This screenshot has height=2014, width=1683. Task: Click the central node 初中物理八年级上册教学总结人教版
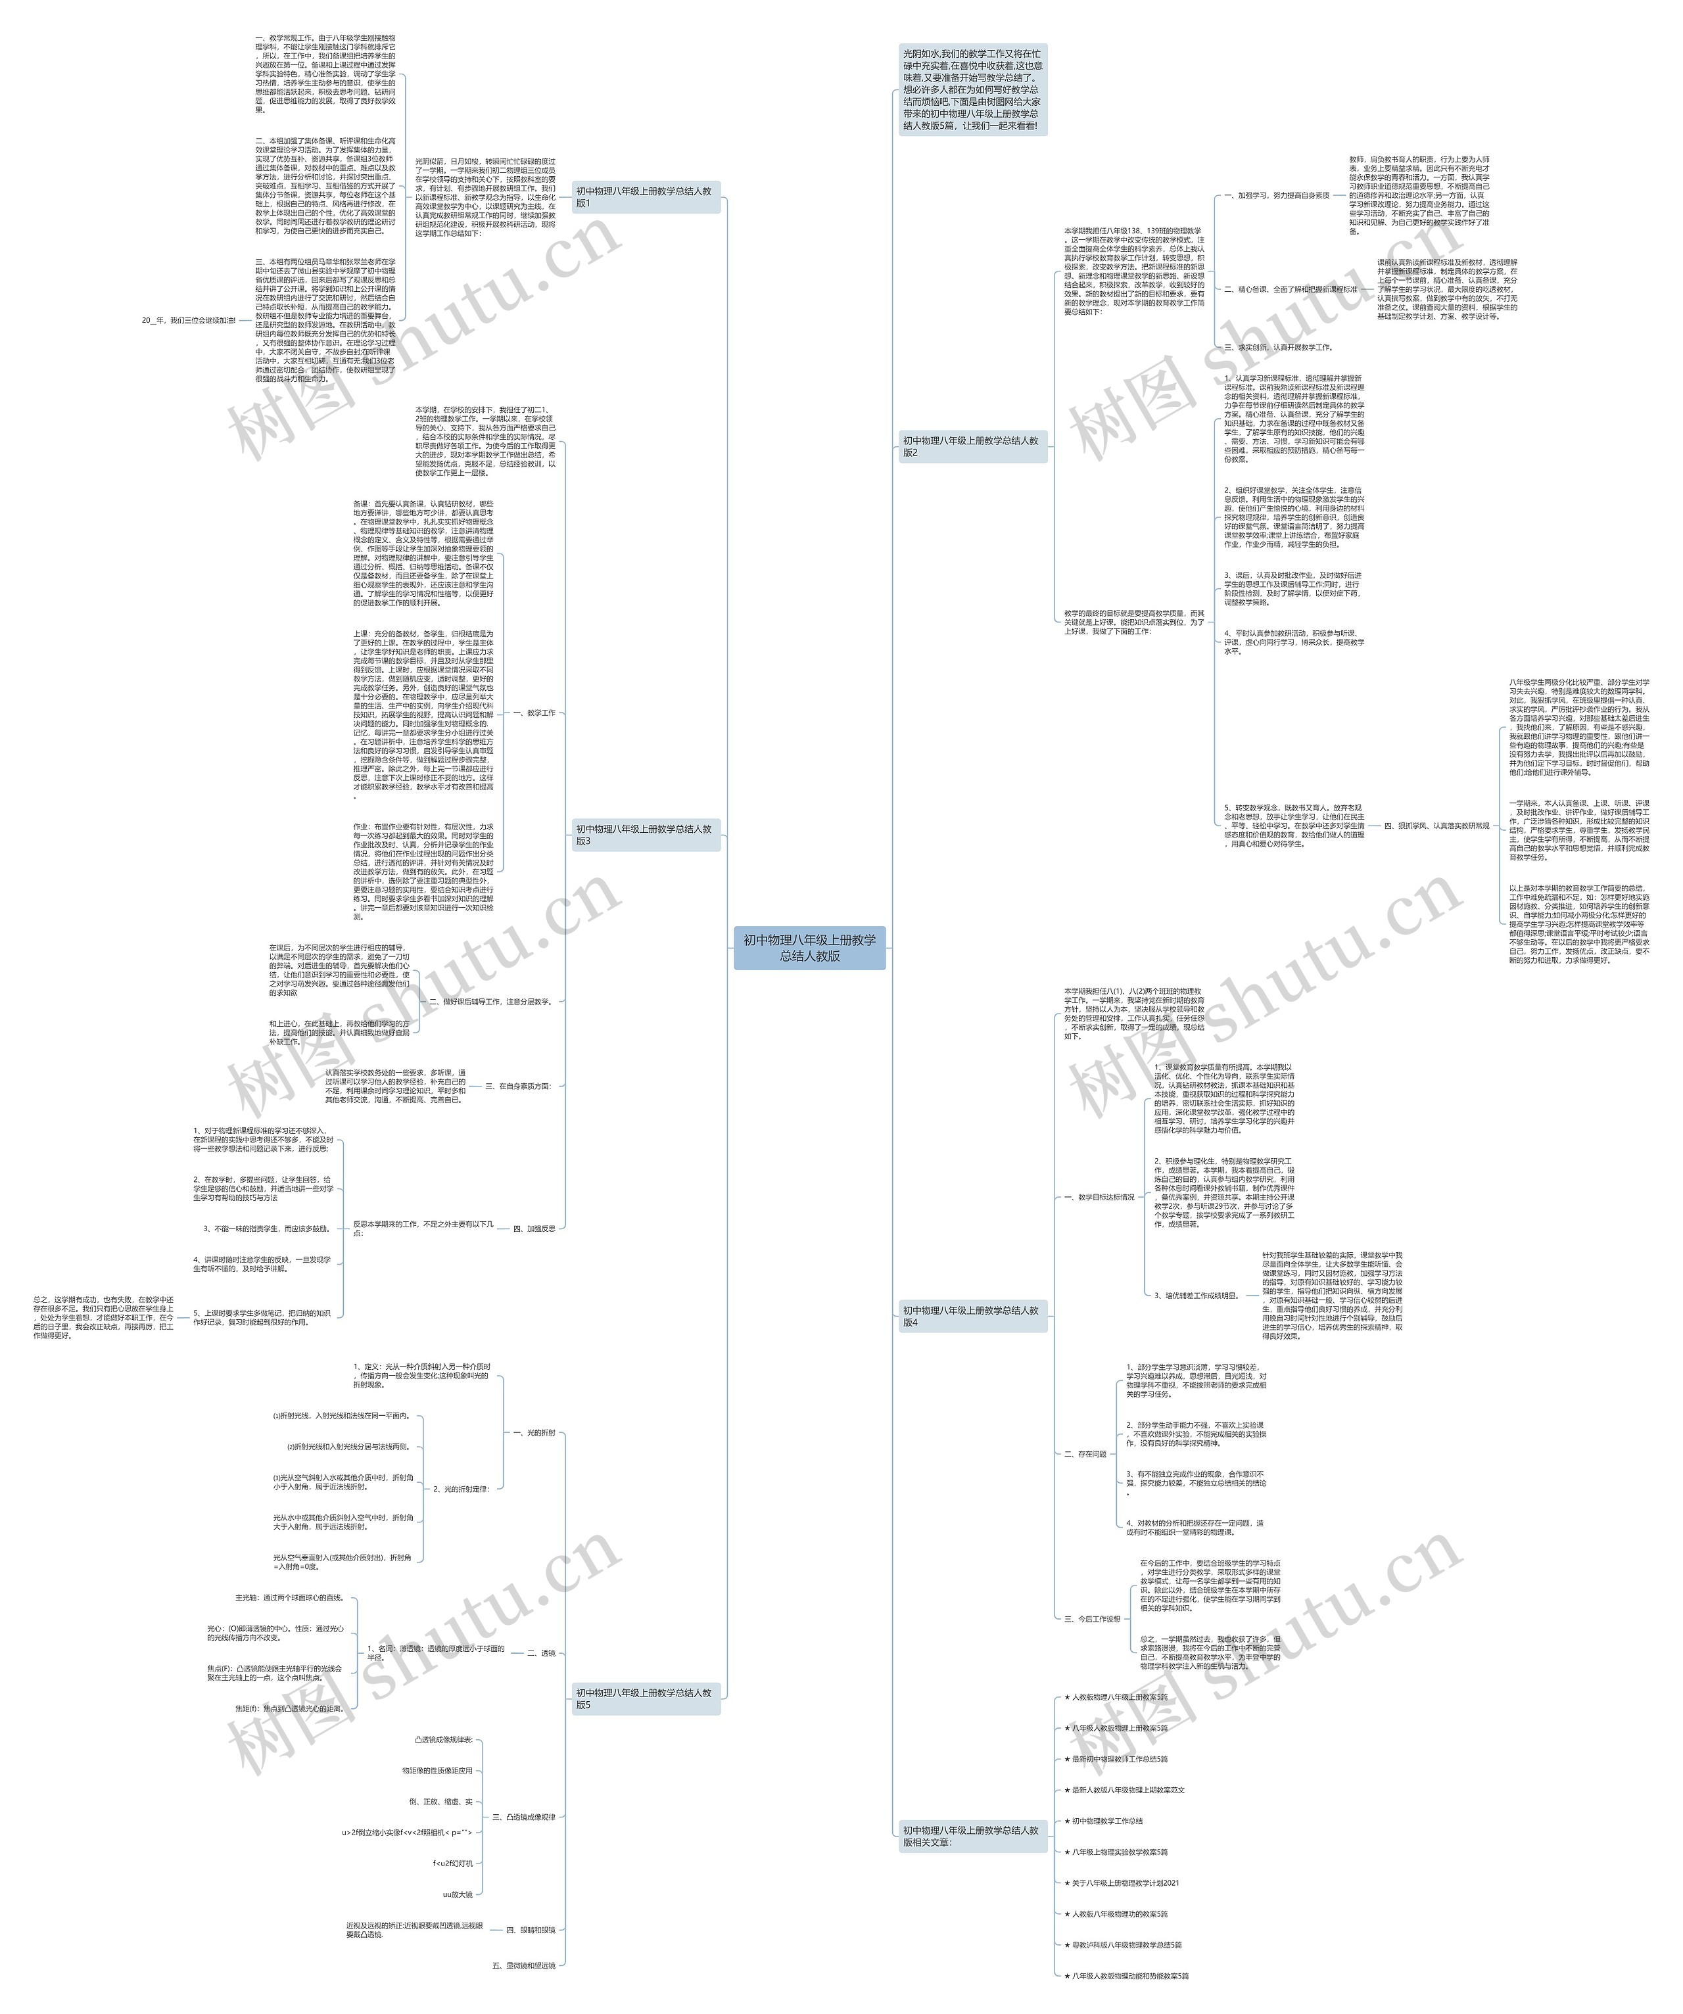point(809,948)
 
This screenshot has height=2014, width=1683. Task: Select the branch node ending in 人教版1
point(644,197)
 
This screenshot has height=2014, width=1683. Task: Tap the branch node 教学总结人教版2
point(972,446)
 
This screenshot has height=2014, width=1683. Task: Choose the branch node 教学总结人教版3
point(644,834)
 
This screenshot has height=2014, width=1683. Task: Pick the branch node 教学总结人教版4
point(972,1316)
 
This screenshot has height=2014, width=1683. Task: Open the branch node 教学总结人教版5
point(644,1698)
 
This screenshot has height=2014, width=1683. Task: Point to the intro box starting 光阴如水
point(972,89)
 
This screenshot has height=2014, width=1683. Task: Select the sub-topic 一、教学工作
point(534,714)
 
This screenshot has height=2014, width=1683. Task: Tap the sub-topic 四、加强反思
point(534,1228)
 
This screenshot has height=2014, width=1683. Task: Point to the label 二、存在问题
point(1085,1454)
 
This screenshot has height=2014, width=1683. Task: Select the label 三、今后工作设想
point(1092,1619)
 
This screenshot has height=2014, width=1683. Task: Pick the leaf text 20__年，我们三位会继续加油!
point(188,320)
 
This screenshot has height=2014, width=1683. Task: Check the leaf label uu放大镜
point(458,1894)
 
